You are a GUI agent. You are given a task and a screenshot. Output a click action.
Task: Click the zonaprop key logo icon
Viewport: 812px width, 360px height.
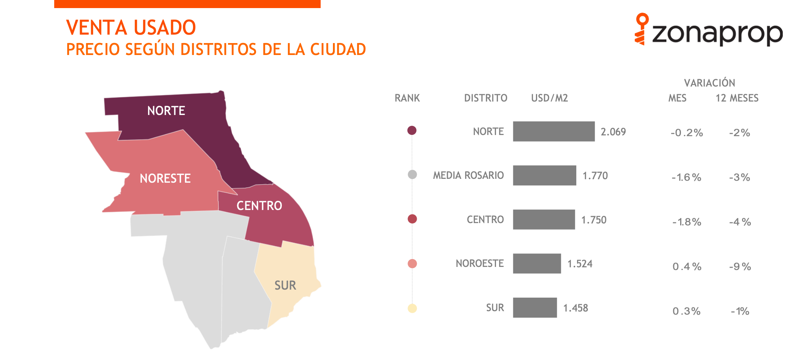click(x=641, y=29)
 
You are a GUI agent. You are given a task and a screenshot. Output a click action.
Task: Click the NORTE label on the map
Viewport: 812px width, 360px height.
click(x=166, y=111)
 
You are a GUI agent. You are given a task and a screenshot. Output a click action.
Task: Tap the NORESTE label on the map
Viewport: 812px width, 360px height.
click(x=165, y=178)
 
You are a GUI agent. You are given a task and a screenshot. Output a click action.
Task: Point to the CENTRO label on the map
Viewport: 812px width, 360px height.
click(x=259, y=206)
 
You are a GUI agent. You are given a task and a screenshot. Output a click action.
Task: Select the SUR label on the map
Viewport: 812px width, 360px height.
click(x=285, y=285)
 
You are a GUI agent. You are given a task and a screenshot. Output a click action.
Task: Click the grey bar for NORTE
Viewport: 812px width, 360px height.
click(x=554, y=132)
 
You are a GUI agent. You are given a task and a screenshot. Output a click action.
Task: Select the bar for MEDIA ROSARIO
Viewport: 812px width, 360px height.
click(x=544, y=175)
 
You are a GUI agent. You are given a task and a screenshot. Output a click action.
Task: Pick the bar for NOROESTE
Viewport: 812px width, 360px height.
click(x=537, y=263)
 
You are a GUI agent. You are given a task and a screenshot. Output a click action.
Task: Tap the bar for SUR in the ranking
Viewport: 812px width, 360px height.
click(x=535, y=308)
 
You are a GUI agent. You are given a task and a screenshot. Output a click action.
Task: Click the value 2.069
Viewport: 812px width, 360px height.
click(x=613, y=132)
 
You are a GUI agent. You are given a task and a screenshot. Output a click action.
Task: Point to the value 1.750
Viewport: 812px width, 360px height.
click(x=594, y=220)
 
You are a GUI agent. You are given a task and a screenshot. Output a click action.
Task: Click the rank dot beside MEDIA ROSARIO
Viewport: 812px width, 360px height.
click(x=412, y=175)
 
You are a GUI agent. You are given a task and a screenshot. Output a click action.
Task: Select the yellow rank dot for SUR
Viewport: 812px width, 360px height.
click(x=412, y=308)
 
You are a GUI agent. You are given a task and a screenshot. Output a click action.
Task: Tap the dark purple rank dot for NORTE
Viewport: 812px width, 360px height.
click(x=412, y=130)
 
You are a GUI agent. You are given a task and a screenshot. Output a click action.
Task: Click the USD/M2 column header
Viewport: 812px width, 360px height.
click(x=549, y=98)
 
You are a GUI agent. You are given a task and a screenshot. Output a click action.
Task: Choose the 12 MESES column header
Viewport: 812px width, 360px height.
click(x=737, y=98)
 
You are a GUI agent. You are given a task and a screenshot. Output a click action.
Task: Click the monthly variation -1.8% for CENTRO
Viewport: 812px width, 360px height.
click(x=687, y=222)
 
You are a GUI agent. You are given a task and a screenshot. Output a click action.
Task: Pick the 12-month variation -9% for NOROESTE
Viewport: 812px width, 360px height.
click(x=740, y=267)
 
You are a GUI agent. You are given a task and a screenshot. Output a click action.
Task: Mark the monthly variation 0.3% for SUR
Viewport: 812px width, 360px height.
click(x=687, y=311)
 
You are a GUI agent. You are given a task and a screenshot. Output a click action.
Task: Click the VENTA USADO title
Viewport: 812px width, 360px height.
click(x=131, y=28)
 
